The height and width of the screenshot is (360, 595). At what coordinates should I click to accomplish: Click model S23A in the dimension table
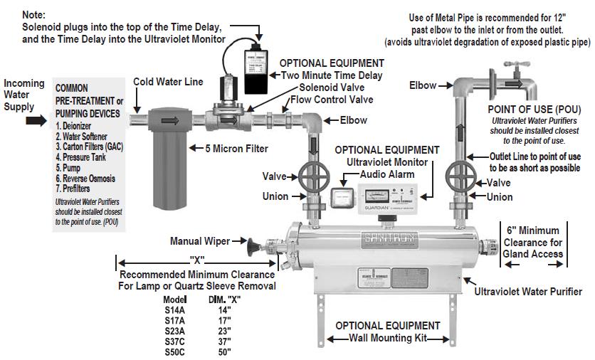(175, 330)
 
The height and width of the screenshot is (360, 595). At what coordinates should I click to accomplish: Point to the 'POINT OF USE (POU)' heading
(534, 110)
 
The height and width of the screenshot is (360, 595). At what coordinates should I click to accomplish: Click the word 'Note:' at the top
(34, 14)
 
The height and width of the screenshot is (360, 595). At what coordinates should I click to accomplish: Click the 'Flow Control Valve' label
(331, 100)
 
